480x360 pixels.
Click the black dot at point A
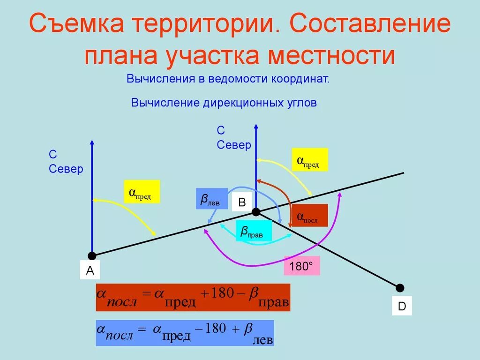(92, 255)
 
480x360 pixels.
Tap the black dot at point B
(256, 212)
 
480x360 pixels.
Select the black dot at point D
(400, 288)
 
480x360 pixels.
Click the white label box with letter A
(90, 270)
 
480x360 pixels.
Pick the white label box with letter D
(402, 306)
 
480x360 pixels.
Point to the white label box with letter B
(242, 202)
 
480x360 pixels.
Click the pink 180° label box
(301, 266)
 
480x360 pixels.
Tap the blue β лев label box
(211, 199)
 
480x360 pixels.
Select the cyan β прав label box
(254, 231)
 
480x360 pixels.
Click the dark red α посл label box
(309, 216)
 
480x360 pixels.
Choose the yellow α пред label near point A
(142, 192)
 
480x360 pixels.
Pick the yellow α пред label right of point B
(309, 160)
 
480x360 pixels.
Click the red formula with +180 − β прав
(193, 297)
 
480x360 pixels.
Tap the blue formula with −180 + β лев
(185, 333)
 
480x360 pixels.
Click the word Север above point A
(66, 169)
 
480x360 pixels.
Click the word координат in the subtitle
(299, 78)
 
